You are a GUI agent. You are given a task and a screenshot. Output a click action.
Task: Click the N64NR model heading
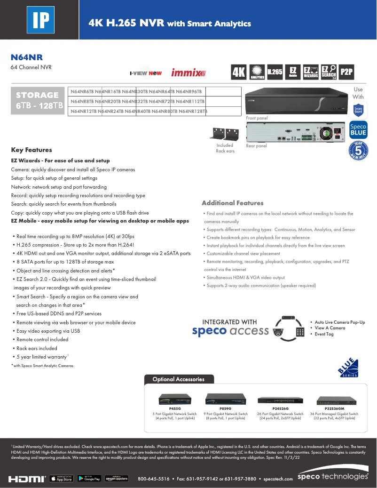(x=27, y=57)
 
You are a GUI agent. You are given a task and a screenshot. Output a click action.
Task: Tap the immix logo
(x=188, y=73)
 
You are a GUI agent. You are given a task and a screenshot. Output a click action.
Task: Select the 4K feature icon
(x=239, y=72)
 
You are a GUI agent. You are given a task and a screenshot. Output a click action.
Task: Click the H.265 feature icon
(x=275, y=72)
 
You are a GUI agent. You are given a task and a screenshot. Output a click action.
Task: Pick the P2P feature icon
(x=346, y=72)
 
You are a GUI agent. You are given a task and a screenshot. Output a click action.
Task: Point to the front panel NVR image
(x=295, y=101)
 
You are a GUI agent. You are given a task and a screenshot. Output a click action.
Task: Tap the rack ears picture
(x=225, y=134)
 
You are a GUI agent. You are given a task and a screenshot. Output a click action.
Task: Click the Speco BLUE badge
(x=358, y=130)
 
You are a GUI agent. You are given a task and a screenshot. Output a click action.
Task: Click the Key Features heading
(x=31, y=150)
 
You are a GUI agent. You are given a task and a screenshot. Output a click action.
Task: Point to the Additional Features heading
(x=232, y=203)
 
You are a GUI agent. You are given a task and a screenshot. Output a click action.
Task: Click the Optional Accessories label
(x=179, y=379)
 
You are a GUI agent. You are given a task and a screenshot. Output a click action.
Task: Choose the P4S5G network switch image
(x=175, y=399)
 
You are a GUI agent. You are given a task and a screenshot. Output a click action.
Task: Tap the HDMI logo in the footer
(x=27, y=479)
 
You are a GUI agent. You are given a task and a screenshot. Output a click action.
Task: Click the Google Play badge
(x=89, y=479)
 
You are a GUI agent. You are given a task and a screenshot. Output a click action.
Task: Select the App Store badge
(x=61, y=479)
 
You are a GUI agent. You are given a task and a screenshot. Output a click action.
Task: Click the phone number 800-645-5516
(x=153, y=479)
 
